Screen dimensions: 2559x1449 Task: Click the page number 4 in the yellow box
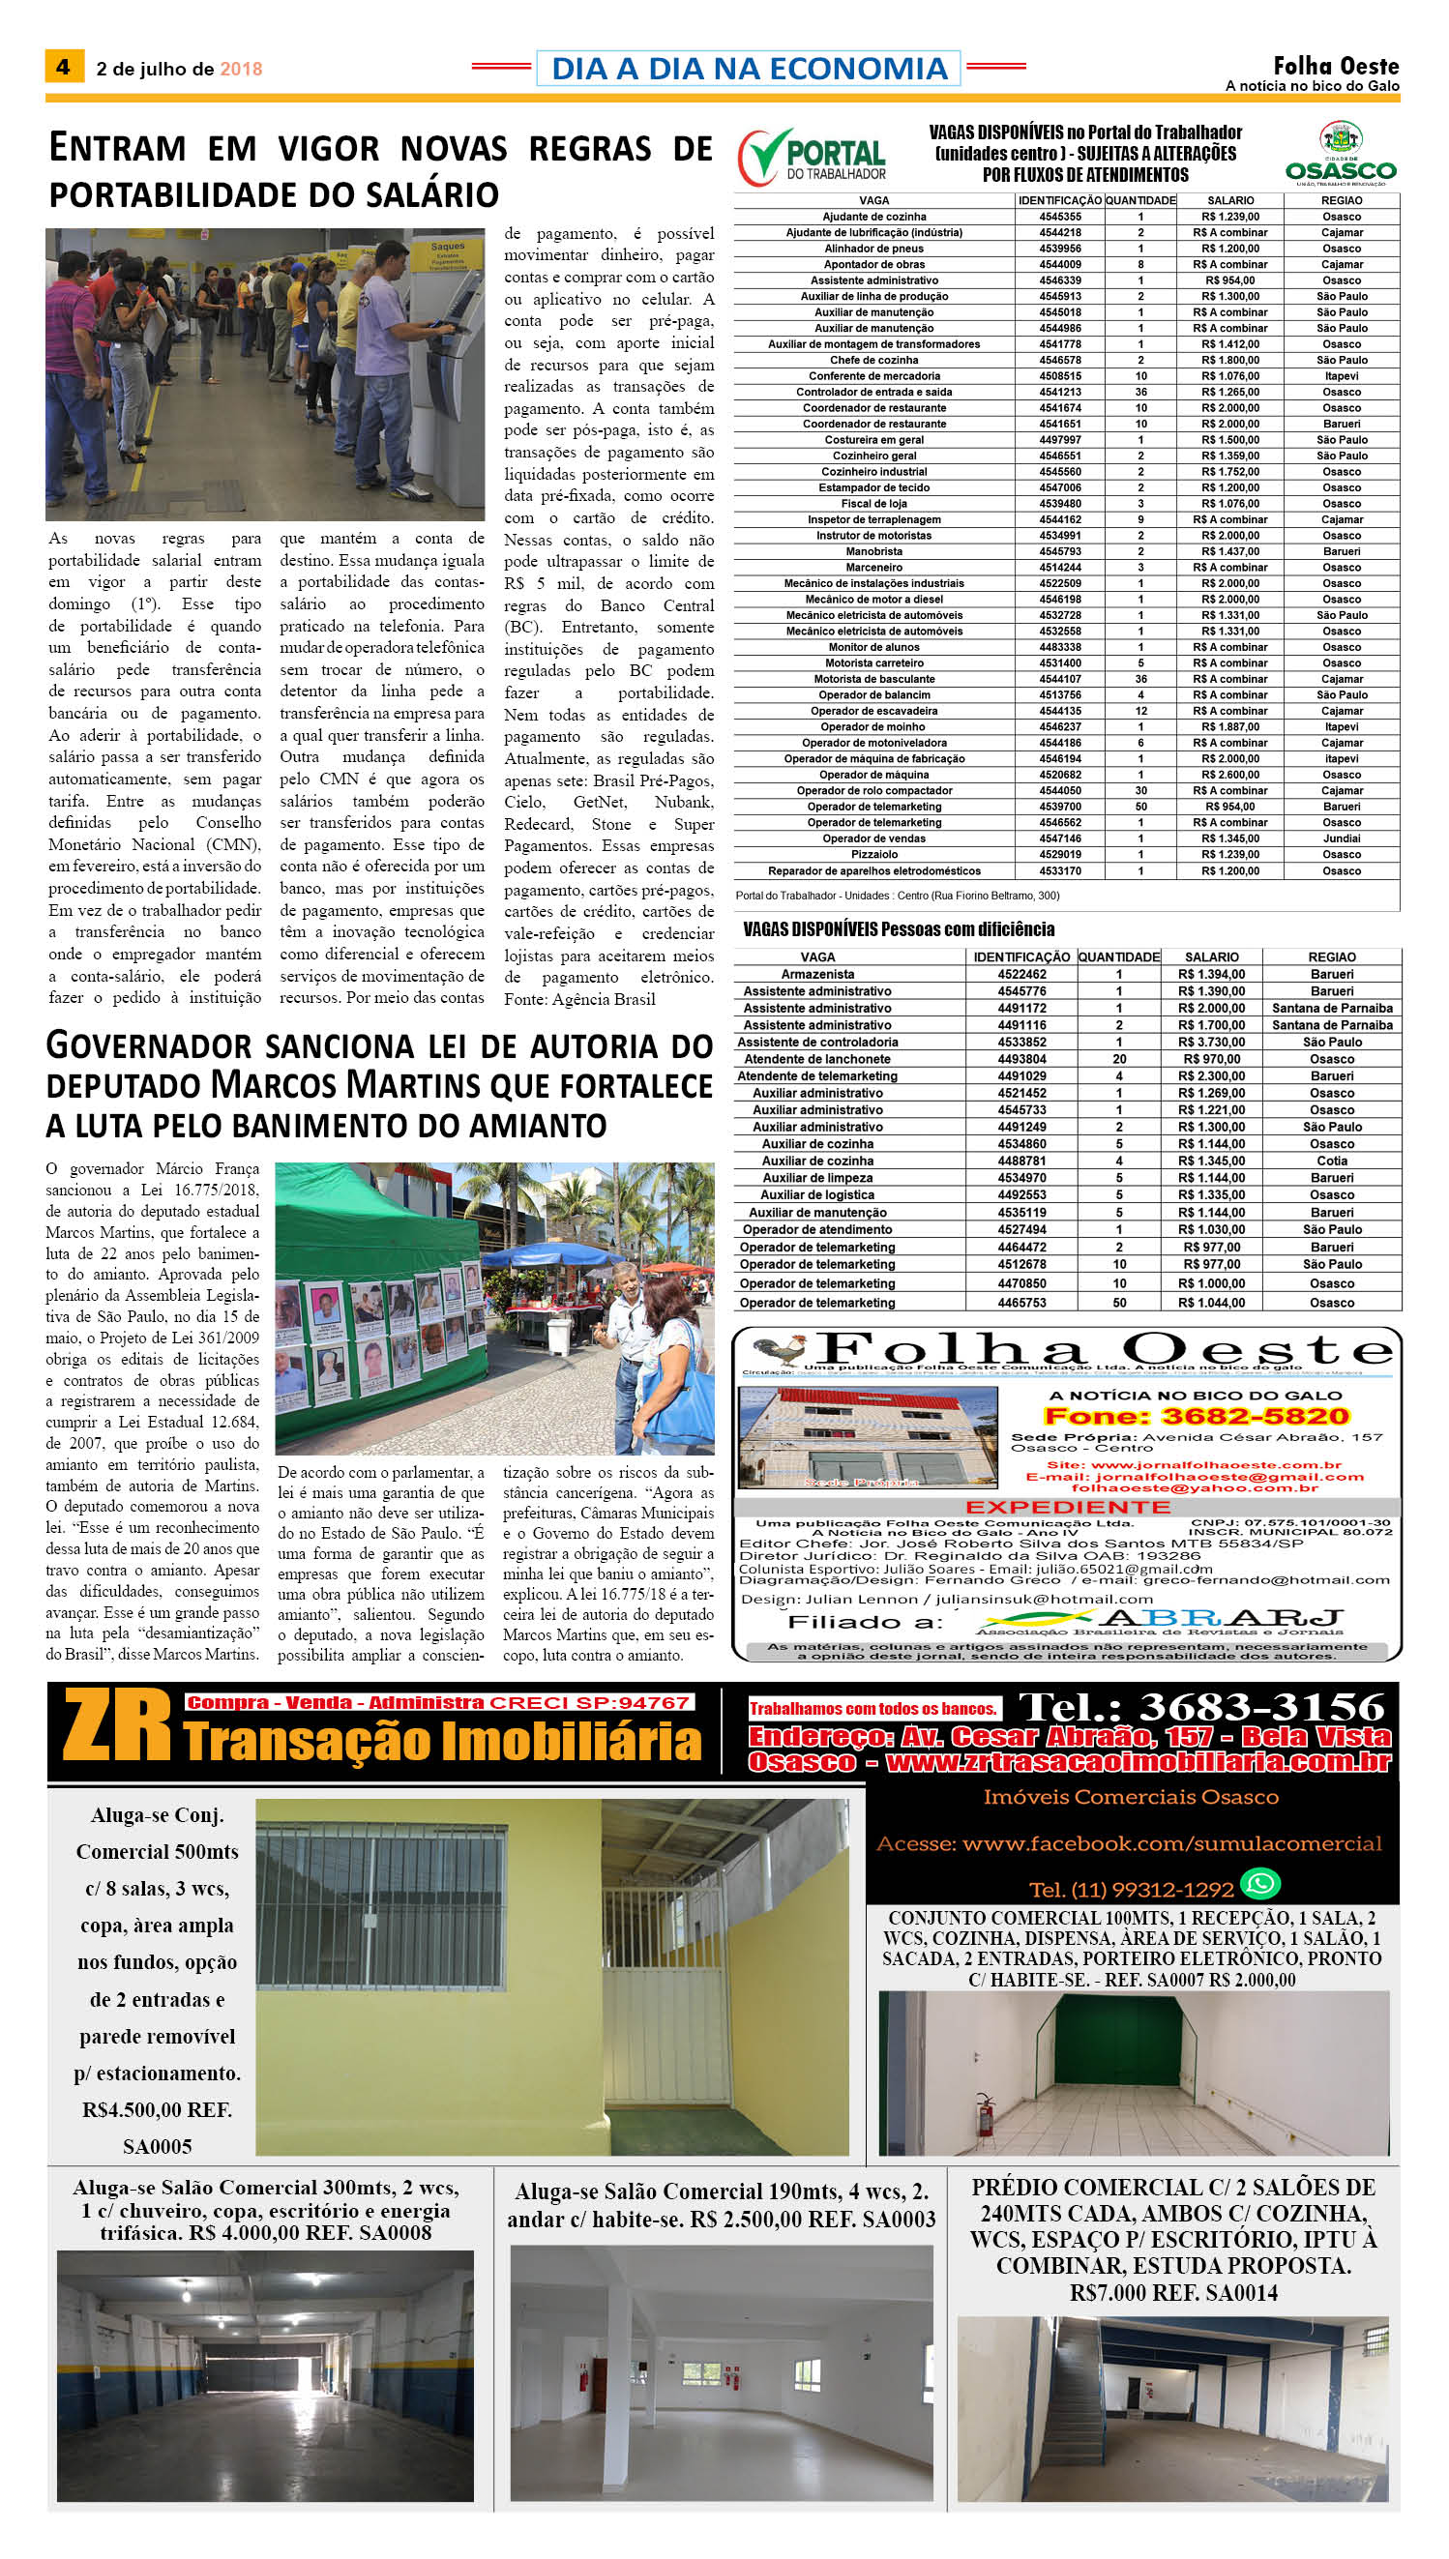click(63, 67)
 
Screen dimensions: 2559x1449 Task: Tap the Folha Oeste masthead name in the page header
click(1336, 66)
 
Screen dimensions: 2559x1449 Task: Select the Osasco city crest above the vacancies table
click(1341, 138)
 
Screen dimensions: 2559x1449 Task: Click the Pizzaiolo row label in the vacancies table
click(873, 855)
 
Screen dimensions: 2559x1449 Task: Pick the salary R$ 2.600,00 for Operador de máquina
click(1230, 775)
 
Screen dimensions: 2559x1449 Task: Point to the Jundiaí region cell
click(1342, 838)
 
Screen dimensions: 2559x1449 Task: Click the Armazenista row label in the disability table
click(817, 975)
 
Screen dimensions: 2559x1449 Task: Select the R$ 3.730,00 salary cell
click(1211, 1043)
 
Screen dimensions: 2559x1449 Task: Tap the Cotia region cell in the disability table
click(1332, 1162)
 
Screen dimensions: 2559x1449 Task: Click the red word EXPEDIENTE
click(1067, 1508)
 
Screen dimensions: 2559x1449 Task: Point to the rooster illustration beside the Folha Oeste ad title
click(782, 1349)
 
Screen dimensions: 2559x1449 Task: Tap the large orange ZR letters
click(117, 1729)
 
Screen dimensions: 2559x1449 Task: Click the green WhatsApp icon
click(1261, 1883)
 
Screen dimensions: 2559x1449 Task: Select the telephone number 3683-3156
click(1201, 1707)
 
